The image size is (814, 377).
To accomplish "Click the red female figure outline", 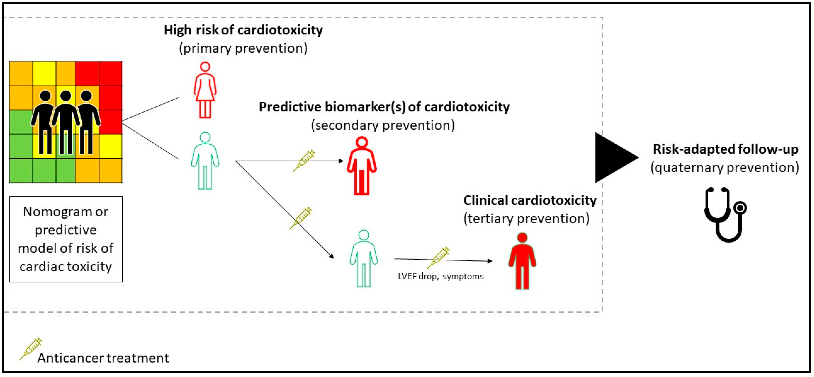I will tap(205, 90).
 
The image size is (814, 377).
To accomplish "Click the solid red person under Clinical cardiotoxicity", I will tap(522, 261).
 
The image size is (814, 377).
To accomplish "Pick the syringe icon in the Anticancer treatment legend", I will tap(31, 349).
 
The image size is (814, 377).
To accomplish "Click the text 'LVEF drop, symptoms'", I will tap(440, 277).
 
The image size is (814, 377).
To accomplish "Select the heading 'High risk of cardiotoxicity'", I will tap(243, 30).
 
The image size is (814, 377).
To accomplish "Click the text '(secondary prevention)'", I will tap(383, 125).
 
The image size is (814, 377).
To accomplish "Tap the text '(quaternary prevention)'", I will tap(725, 167).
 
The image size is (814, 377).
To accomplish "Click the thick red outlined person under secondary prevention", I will tap(362, 166).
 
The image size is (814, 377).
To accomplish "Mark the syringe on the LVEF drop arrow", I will tap(438, 258).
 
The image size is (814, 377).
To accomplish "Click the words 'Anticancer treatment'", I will tap(103, 358).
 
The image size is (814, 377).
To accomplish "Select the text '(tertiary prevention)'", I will tap(526, 218).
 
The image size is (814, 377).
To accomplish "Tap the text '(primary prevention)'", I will tap(243, 48).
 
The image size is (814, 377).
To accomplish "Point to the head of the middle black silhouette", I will tap(66, 95).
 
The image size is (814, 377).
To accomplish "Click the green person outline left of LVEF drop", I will tap(363, 259).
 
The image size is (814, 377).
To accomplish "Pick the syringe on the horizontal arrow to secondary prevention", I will tap(304, 161).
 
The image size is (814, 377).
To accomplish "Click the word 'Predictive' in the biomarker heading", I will tap(290, 107).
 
